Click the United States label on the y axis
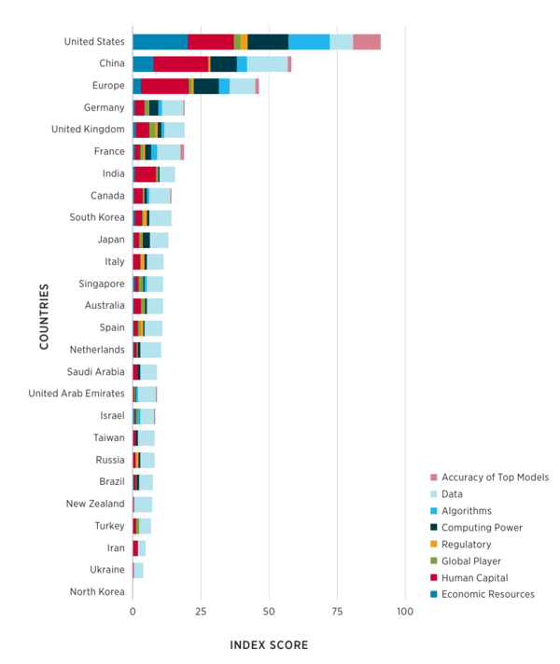(x=94, y=41)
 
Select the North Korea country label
(x=97, y=591)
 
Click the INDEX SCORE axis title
(x=269, y=645)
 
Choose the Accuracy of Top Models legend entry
(x=495, y=477)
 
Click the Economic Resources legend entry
(x=487, y=594)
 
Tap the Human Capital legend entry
(x=476, y=577)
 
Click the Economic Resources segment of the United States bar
(x=160, y=41)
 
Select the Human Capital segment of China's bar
(x=180, y=63)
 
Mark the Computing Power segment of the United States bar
(x=268, y=41)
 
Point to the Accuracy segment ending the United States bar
(x=367, y=41)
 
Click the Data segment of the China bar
(x=267, y=63)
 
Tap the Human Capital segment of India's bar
(x=146, y=173)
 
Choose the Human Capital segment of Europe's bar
(x=164, y=86)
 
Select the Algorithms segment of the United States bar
(x=309, y=41)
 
